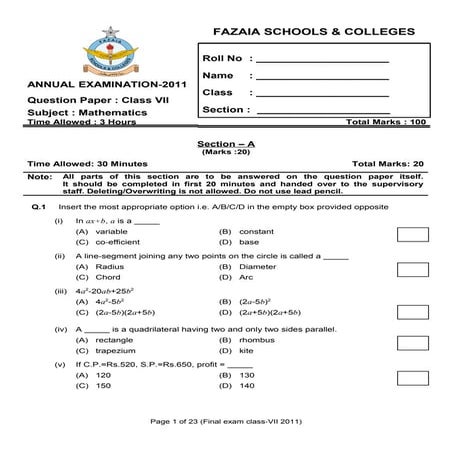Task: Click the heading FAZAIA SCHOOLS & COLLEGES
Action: pyautogui.click(x=303, y=33)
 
